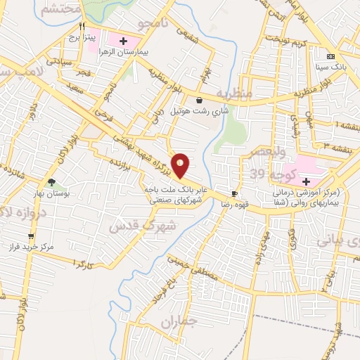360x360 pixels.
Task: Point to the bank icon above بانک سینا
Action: click(331, 56)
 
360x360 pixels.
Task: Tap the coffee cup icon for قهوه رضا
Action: click(234, 193)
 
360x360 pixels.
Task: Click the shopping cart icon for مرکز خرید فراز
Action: click(30, 236)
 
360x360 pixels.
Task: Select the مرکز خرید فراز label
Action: click(27, 248)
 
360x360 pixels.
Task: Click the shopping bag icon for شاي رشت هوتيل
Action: click(200, 100)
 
